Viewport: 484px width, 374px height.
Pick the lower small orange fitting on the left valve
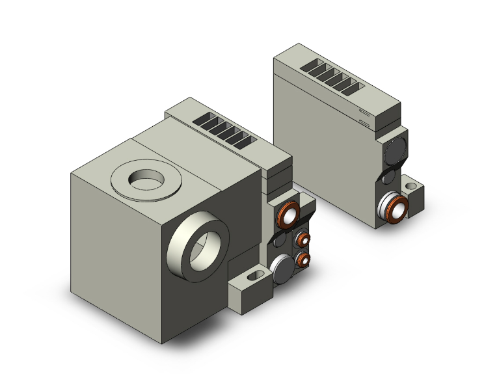point(303,260)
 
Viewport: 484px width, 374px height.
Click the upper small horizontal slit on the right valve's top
point(364,112)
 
